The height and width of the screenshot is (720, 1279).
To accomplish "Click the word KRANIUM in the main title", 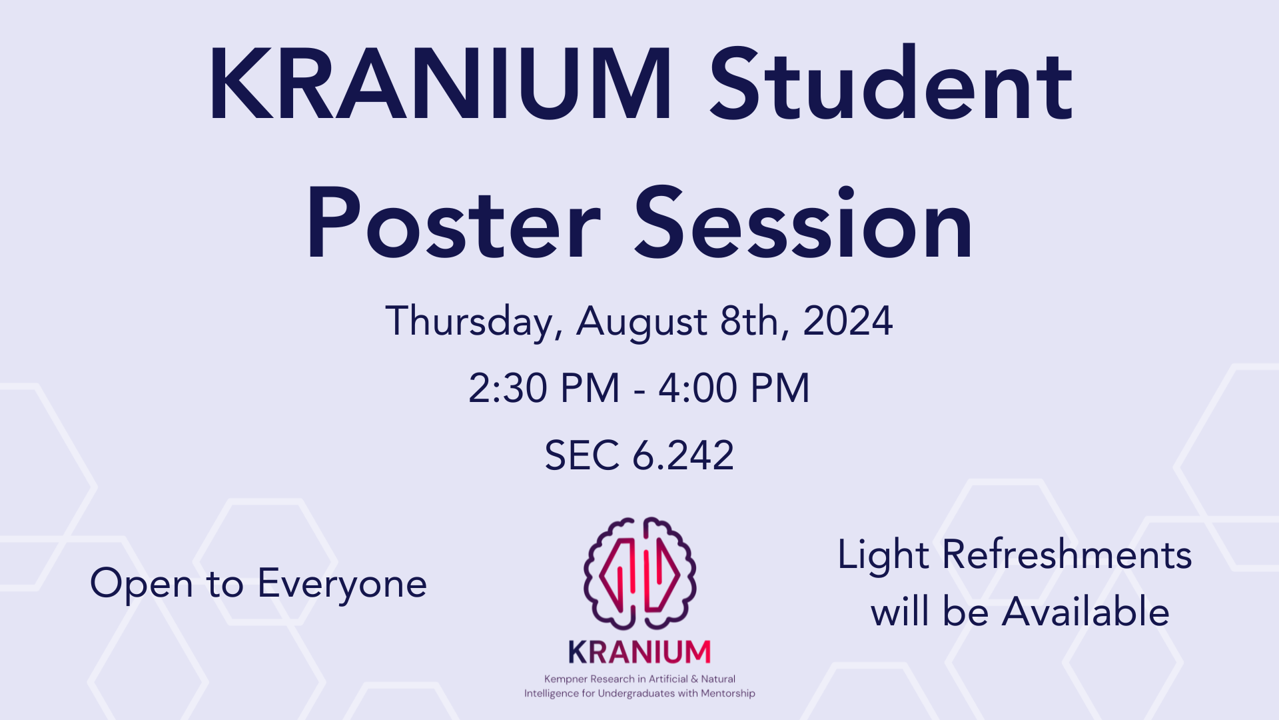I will (x=440, y=85).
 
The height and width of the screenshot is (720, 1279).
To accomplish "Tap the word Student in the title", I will (x=891, y=85).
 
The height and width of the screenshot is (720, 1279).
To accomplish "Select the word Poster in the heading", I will (x=453, y=223).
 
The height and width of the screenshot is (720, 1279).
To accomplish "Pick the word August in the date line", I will (x=641, y=321).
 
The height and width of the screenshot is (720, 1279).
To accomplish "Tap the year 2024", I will (x=847, y=321).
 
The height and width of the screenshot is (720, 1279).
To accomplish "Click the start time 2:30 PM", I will (x=544, y=388).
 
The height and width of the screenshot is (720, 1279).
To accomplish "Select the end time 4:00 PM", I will (x=734, y=388).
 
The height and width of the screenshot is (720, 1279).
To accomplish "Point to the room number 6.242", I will (x=683, y=456).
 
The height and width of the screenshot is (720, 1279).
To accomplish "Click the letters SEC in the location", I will (x=582, y=456).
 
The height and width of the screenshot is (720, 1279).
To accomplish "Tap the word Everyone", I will (x=342, y=584).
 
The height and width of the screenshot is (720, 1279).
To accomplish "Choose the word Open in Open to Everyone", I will (x=141, y=584).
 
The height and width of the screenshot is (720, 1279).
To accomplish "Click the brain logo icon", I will (x=639, y=573).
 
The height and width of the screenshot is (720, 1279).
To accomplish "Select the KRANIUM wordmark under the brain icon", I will (x=639, y=652).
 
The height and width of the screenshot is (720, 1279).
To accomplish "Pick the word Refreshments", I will (x=1066, y=555).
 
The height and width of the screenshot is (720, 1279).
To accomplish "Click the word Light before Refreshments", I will (x=883, y=555).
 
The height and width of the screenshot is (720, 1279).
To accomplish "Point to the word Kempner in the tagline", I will (x=566, y=679).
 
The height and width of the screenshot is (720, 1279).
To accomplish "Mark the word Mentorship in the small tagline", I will (x=727, y=693).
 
